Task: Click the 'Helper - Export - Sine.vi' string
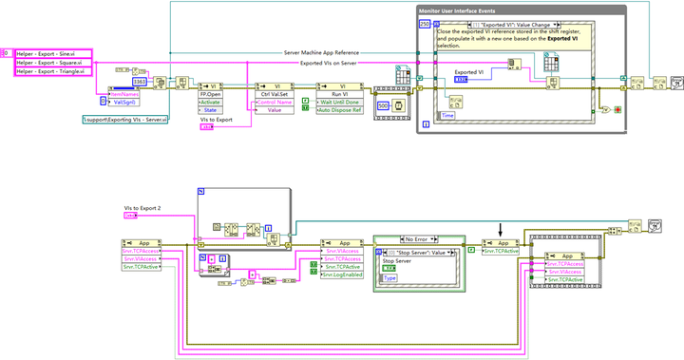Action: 51,54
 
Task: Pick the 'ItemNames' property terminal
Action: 126,93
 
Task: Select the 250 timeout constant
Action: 424,22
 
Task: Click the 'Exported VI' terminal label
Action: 469,71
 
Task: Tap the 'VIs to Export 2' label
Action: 142,207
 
